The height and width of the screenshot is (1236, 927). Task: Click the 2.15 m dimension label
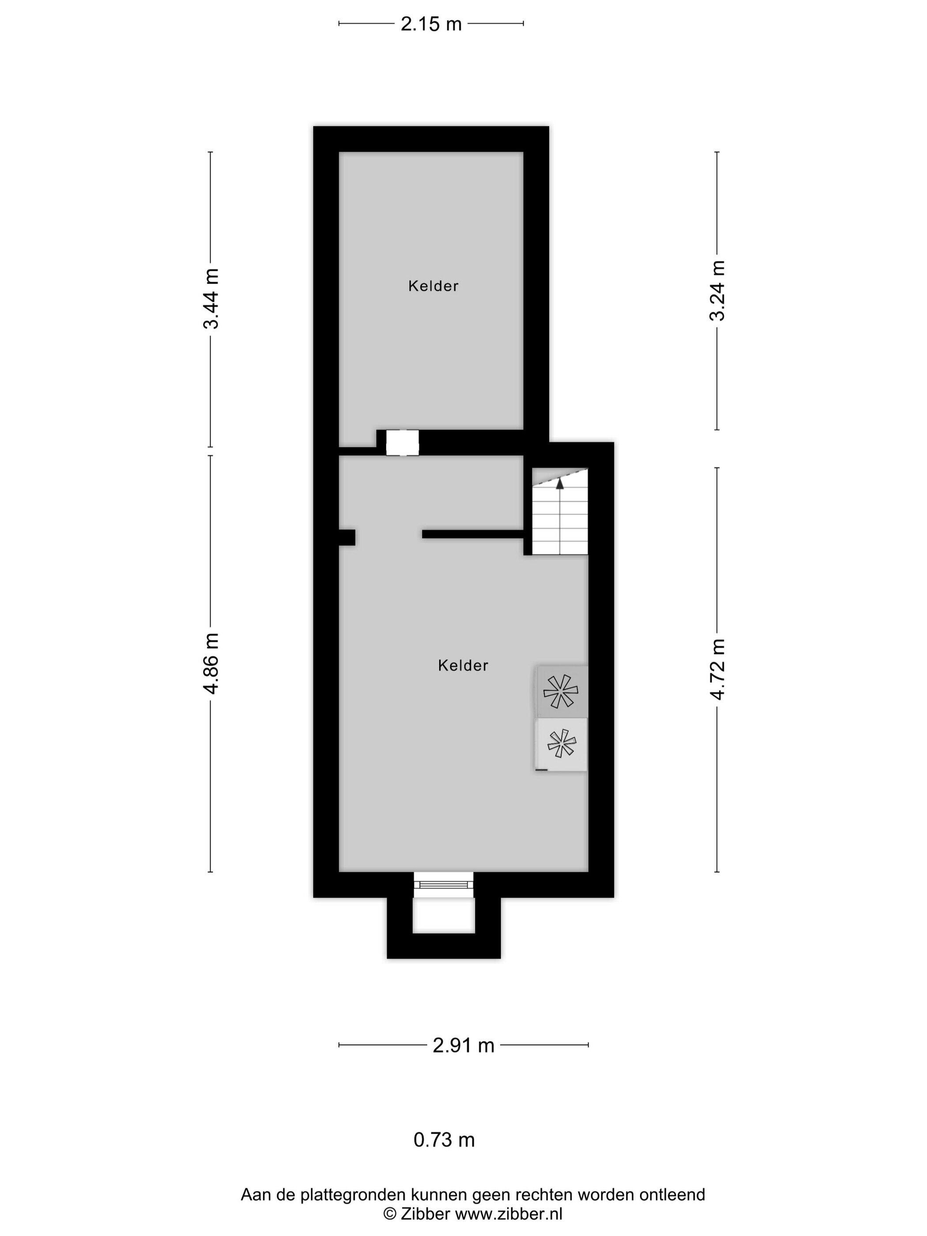coord(431,24)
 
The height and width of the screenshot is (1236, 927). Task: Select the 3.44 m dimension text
coord(211,298)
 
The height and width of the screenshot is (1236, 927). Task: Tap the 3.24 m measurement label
coord(717,290)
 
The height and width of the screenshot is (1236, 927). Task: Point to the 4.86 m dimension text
coord(211,663)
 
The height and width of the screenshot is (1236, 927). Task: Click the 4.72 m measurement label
coord(717,669)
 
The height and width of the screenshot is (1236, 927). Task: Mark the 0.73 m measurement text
coord(444,1140)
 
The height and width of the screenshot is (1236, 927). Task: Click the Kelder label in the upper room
coord(433,286)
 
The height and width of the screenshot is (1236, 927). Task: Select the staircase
coord(560,511)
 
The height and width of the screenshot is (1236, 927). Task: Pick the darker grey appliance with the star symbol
coord(561,692)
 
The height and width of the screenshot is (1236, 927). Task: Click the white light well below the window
coord(444,915)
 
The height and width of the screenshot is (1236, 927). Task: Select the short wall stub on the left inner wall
coord(347,537)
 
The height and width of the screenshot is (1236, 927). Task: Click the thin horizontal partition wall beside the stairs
coord(473,534)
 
